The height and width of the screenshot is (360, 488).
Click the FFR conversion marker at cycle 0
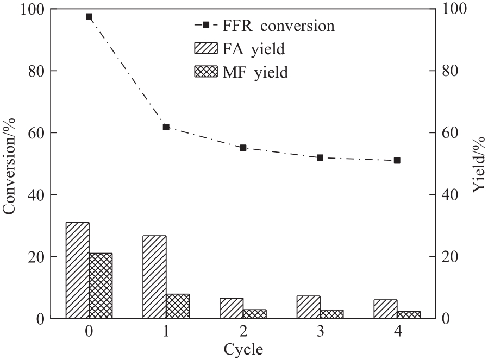click(89, 17)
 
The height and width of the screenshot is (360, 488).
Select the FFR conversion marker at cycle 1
click(166, 127)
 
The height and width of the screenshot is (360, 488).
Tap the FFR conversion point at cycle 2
click(243, 148)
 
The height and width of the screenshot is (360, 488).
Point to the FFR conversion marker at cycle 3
click(320, 157)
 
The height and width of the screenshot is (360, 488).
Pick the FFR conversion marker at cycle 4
click(397, 161)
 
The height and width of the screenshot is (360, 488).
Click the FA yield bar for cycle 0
click(78, 270)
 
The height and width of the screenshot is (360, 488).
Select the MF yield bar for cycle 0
click(101, 286)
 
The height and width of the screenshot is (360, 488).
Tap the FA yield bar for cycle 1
click(155, 277)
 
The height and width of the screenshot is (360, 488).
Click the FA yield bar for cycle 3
click(309, 307)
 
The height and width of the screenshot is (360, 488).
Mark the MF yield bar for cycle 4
click(409, 314)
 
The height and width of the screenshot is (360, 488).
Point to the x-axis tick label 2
click(243, 331)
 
